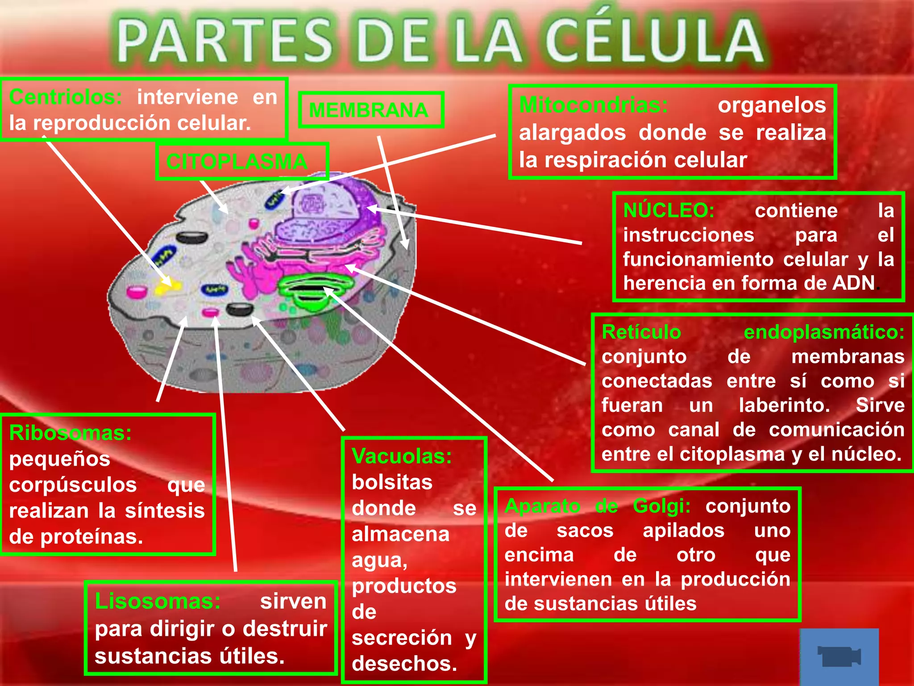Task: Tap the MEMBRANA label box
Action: coord(370,110)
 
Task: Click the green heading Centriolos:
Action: coord(65,97)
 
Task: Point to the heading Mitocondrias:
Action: coord(594,105)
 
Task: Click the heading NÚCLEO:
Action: coord(669,210)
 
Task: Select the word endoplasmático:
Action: coord(823,332)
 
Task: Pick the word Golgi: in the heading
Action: coord(661,506)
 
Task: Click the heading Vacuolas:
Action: coord(402,456)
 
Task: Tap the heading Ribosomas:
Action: coord(71,433)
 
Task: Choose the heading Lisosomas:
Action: coord(158,601)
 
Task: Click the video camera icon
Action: coord(839,656)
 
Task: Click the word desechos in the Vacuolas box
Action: coord(404,664)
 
